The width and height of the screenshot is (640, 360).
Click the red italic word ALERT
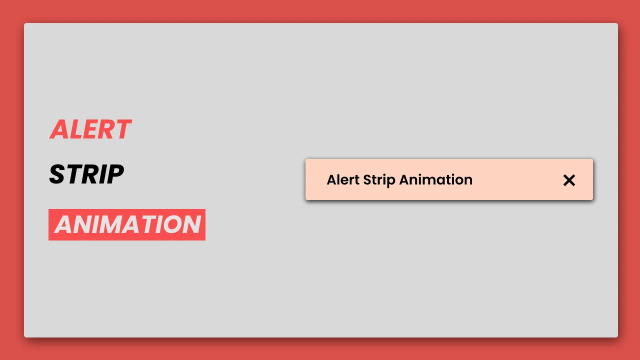pyautogui.click(x=90, y=129)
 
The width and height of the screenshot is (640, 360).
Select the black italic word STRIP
pyautogui.click(x=86, y=174)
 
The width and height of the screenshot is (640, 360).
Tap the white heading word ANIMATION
pyautogui.click(x=127, y=224)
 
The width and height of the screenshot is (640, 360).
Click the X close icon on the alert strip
pyautogui.click(x=569, y=180)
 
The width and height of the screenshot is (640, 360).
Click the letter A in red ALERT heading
pyautogui.click(x=59, y=129)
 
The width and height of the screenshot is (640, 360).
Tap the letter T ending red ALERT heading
pyautogui.click(x=122, y=129)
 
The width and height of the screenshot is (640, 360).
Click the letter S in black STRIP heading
pyautogui.click(x=56, y=174)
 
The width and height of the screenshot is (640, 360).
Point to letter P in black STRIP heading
pyautogui.click(x=115, y=174)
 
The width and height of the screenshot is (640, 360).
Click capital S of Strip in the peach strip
pyautogui.click(x=367, y=180)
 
